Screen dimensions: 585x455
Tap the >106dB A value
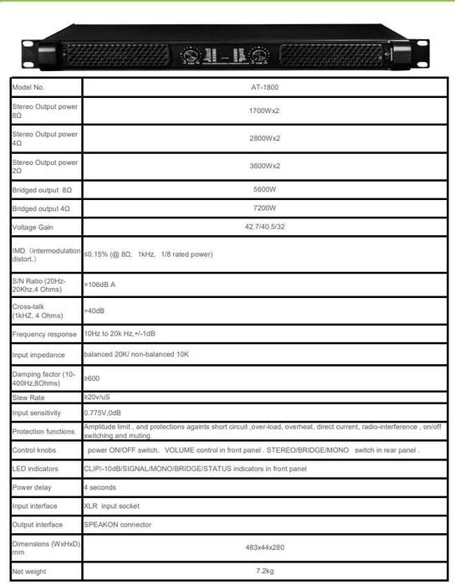click(100, 285)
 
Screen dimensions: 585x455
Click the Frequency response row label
click(44, 334)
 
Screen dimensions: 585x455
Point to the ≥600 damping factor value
click(92, 378)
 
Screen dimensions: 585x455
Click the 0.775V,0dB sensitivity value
click(104, 413)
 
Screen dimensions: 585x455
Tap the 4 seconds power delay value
click(100, 486)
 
